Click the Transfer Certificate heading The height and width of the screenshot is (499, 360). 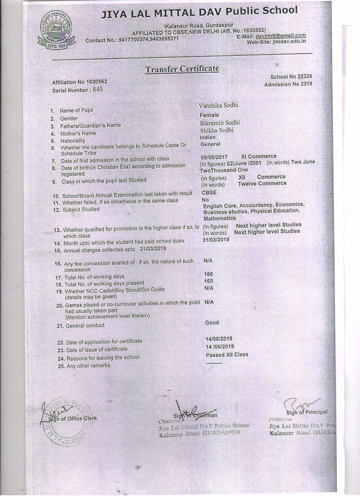[x=182, y=69]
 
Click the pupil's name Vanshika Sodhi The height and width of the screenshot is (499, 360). [x=218, y=105]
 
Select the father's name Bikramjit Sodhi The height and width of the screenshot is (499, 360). [x=220, y=123]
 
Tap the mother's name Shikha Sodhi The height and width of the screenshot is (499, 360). [x=216, y=130]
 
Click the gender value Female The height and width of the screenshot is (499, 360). [x=209, y=115]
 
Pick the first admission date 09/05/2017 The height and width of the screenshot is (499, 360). [x=214, y=157]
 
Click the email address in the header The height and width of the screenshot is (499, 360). [x=281, y=36]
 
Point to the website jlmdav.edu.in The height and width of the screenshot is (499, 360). [x=289, y=41]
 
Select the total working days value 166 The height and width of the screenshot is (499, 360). [x=208, y=274]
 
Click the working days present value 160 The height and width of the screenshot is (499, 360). [x=208, y=281]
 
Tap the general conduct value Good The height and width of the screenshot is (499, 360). [x=212, y=323]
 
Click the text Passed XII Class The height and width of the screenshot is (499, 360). [x=227, y=355]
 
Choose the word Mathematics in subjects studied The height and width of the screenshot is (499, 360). [x=219, y=218]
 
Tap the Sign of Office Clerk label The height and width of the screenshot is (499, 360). [x=72, y=418]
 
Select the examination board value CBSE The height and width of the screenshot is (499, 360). [x=209, y=192]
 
